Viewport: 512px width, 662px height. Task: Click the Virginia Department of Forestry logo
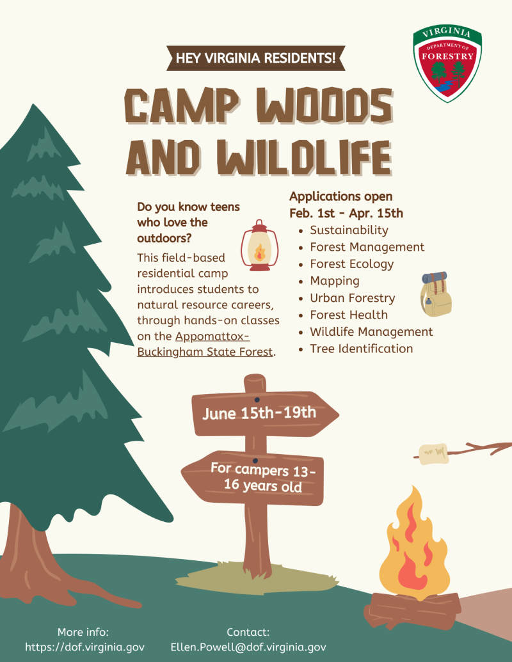click(x=447, y=63)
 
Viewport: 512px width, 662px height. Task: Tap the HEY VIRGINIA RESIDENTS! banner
click(x=255, y=58)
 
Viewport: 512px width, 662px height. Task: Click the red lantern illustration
click(x=259, y=246)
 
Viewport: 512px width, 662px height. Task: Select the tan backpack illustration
click(x=436, y=294)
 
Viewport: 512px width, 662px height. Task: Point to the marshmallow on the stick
click(x=433, y=454)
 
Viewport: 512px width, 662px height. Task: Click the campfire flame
click(x=414, y=544)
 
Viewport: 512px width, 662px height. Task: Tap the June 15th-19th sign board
click(x=265, y=414)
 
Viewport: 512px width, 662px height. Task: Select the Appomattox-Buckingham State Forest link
click(x=205, y=344)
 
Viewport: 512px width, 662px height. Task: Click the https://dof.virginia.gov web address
click(x=84, y=647)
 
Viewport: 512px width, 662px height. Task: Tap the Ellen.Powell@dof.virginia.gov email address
click(x=248, y=647)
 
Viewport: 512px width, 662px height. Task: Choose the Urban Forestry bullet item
click(x=352, y=297)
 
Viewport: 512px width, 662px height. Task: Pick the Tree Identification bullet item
click(x=361, y=349)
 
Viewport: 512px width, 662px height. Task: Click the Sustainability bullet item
click(x=349, y=230)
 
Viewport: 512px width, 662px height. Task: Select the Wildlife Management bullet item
click(x=371, y=331)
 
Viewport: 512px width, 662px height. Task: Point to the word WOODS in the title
click(x=324, y=106)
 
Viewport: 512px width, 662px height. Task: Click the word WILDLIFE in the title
click(x=305, y=157)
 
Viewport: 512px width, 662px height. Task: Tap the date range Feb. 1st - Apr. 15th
click(x=346, y=213)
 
